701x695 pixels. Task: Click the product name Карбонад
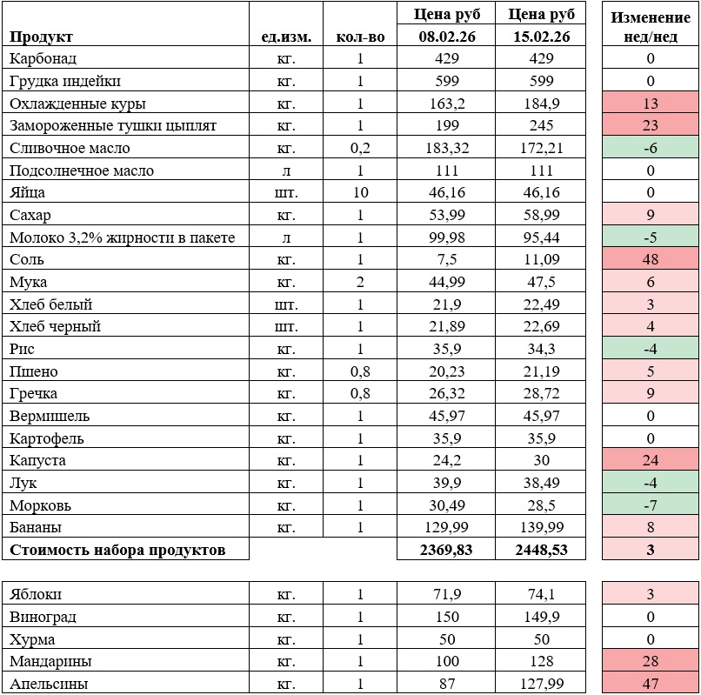[43, 58]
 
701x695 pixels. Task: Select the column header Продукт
[41, 37]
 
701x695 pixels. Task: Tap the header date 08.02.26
[445, 37]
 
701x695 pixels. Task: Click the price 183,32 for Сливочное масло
[445, 148]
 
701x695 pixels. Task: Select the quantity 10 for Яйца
[359, 192]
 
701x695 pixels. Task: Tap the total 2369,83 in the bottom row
[445, 550]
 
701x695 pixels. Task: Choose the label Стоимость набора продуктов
[117, 550]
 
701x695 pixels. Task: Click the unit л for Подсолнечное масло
[284, 170]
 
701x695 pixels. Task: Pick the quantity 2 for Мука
[359, 282]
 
